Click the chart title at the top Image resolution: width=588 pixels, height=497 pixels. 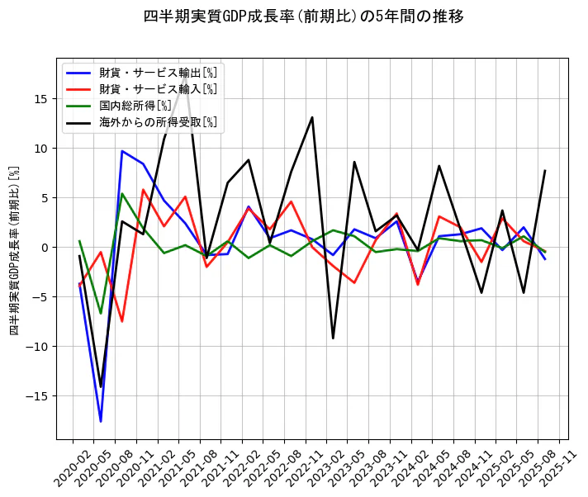click(303, 17)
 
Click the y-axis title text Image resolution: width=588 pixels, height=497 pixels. click(14, 249)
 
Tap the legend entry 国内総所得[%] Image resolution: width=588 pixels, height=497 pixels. click(135, 106)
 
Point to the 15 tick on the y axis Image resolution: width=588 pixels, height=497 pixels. click(40, 99)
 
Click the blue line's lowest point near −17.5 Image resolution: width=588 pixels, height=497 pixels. click(101, 422)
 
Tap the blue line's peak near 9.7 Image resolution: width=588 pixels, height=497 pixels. click(122, 151)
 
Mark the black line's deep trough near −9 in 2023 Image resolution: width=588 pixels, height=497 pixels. click(333, 338)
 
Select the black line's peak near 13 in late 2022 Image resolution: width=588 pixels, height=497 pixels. click(312, 117)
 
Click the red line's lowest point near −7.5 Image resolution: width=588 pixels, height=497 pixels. click(122, 321)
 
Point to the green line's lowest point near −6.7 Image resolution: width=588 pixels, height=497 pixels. click(101, 314)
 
